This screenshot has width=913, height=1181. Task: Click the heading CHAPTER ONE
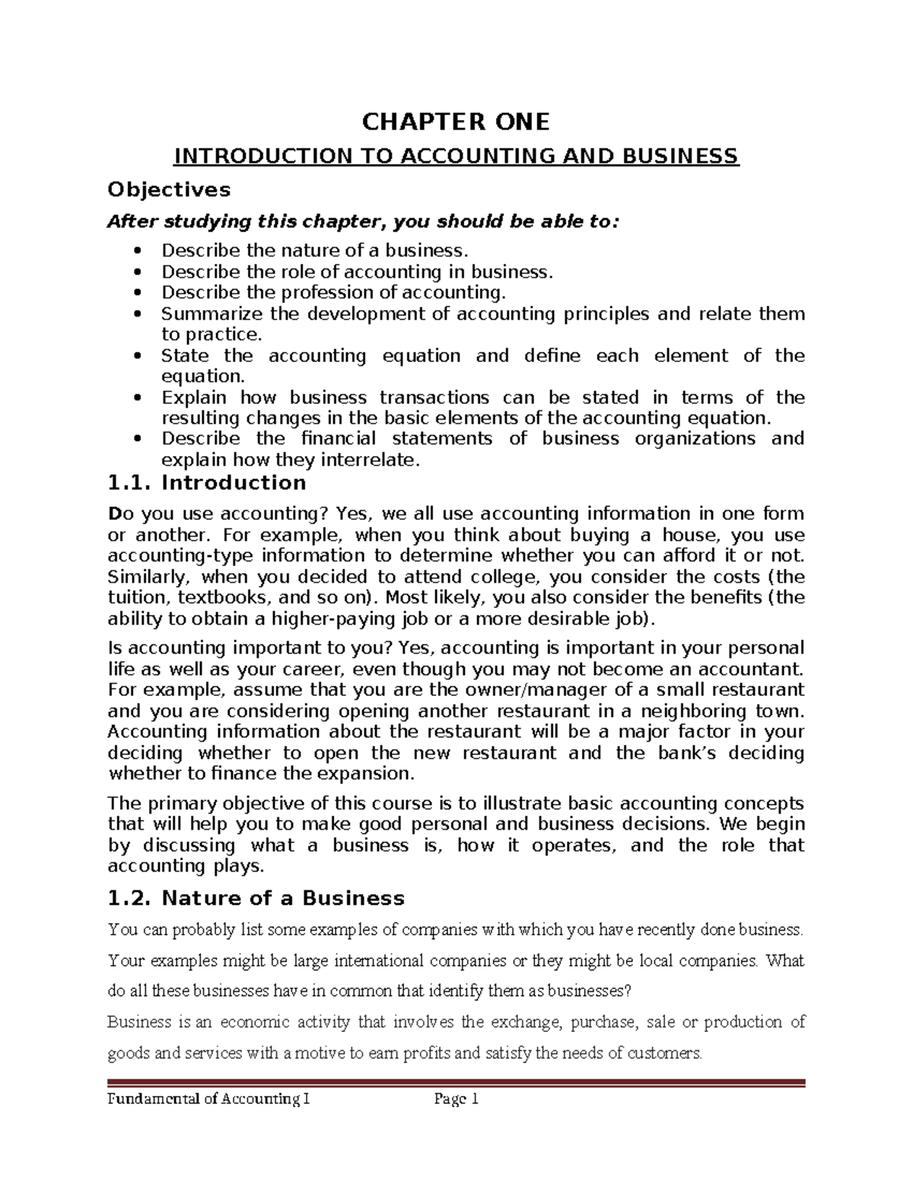(456, 122)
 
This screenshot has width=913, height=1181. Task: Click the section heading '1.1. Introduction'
(207, 483)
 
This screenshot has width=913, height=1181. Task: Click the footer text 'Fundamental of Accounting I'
(209, 1099)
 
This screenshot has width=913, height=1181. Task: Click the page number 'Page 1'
(455, 1099)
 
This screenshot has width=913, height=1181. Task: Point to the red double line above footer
(456, 1083)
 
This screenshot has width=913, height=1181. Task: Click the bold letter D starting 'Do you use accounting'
(114, 514)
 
